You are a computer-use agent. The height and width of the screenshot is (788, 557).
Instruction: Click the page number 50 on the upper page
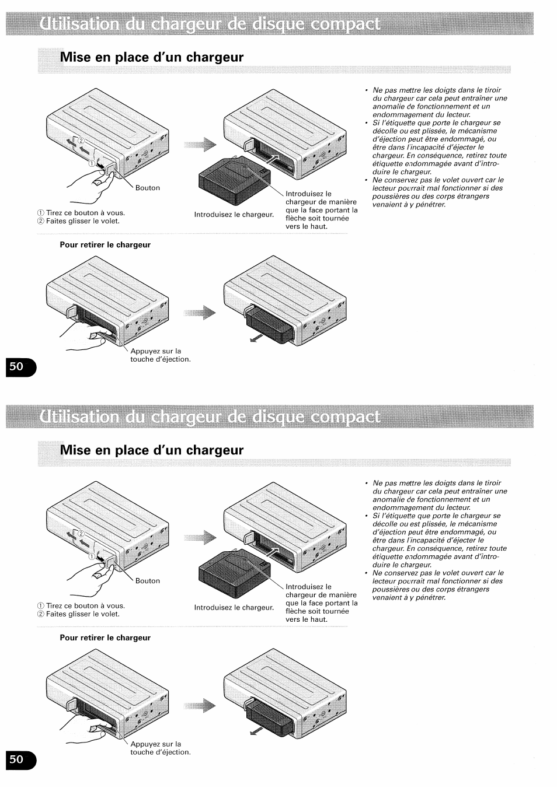16,366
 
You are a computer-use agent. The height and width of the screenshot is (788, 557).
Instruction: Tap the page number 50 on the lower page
16,759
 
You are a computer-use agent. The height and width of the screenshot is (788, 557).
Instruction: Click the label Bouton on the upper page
148,188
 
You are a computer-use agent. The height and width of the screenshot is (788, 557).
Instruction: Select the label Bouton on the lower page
148,581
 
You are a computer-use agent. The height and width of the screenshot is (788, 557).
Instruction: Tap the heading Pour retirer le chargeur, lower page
105,638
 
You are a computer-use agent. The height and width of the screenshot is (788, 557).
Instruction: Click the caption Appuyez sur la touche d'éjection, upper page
161,355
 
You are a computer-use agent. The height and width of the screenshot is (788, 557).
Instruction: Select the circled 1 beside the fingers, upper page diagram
92,163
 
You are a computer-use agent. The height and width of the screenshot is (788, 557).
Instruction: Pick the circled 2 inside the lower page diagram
81,534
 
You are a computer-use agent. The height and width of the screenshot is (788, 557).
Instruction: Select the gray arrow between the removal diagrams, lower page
200,706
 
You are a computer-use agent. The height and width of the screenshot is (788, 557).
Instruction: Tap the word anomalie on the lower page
388,499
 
